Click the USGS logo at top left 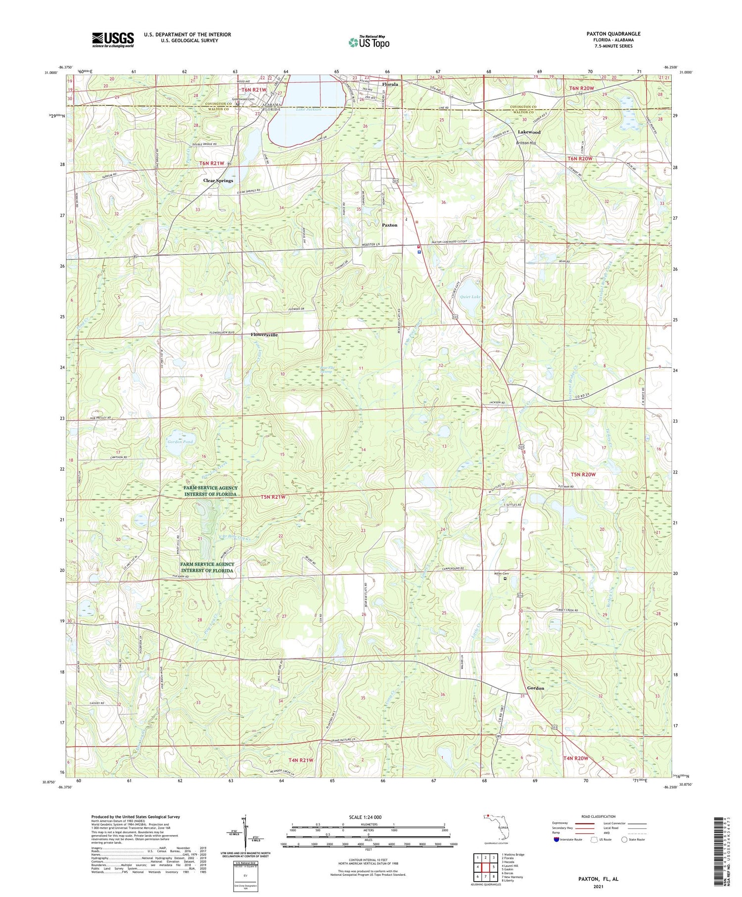[x=113, y=40]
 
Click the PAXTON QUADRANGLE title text [x=613, y=34]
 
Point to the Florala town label [x=390, y=84]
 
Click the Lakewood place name [x=529, y=132]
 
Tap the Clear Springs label [x=218, y=181]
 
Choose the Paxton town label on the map [x=389, y=225]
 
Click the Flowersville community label [x=264, y=335]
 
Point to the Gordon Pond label [x=180, y=441]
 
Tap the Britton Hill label [x=526, y=143]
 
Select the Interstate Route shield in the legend [x=556, y=840]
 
